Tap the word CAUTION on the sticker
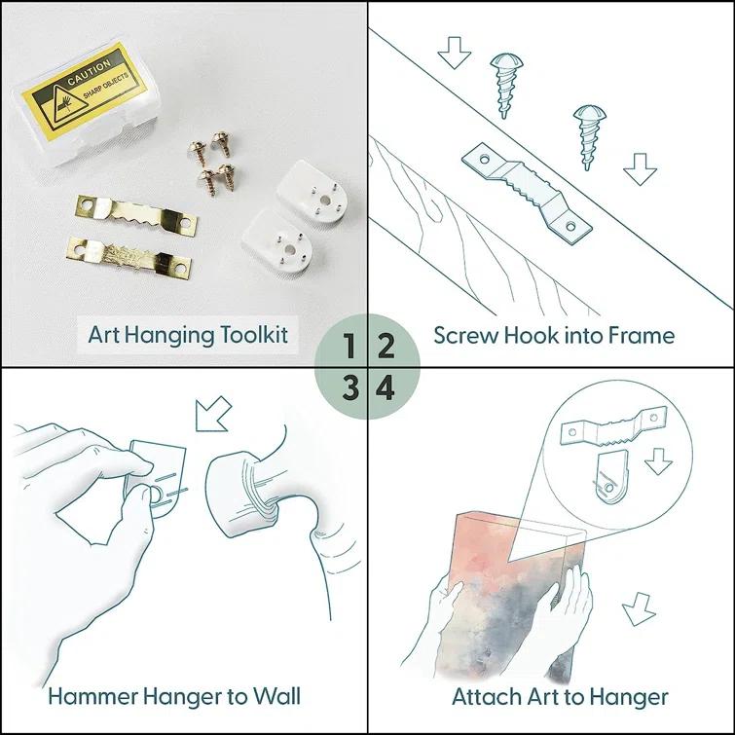click(89, 72)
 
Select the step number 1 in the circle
click(349, 346)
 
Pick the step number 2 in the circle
click(386, 346)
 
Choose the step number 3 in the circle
click(350, 388)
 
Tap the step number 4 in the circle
click(385, 388)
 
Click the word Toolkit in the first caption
click(254, 335)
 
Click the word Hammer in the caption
click(92, 696)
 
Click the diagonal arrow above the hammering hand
click(213, 414)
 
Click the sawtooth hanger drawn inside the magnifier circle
click(613, 425)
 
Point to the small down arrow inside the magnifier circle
click(658, 461)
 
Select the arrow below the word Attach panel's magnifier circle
click(639, 608)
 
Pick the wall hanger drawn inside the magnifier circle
click(609, 477)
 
